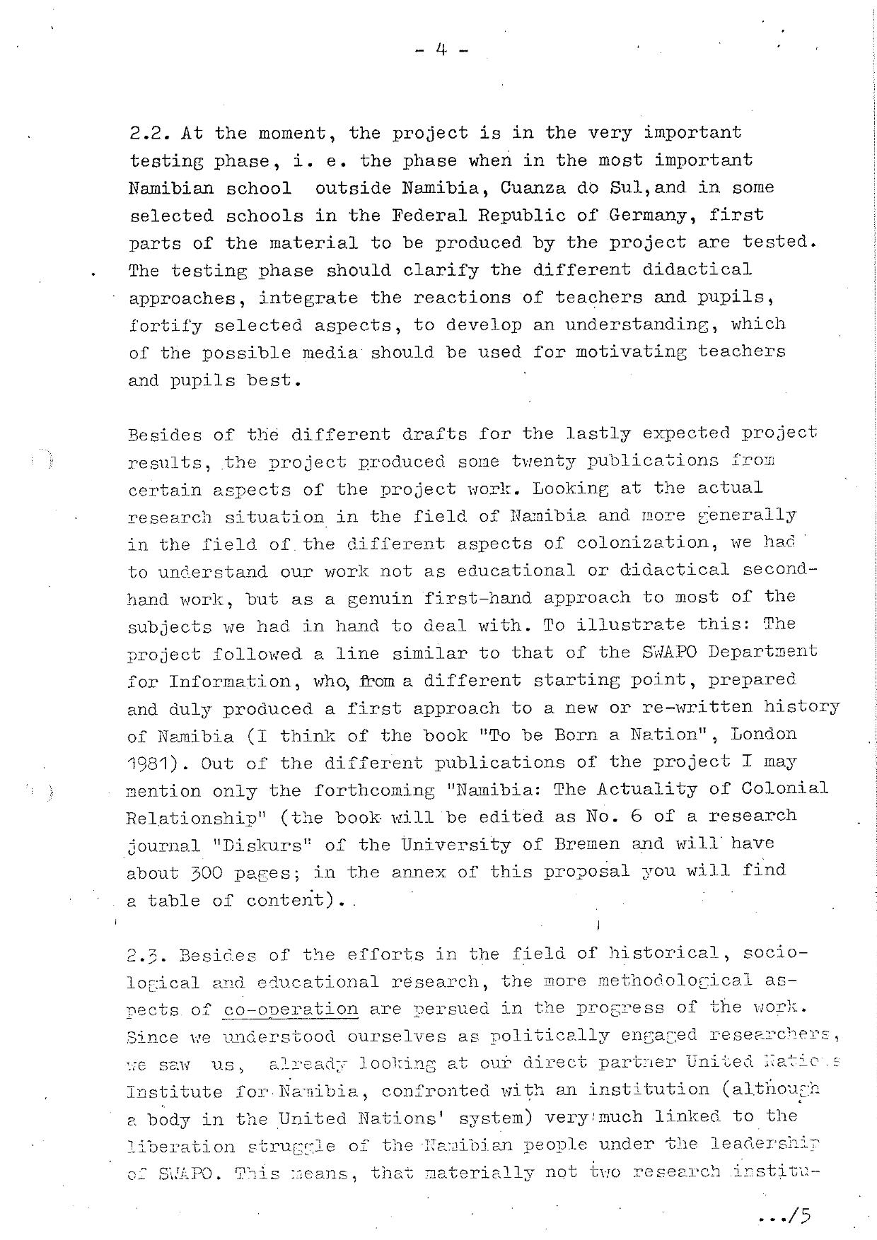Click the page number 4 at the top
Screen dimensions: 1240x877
(x=441, y=50)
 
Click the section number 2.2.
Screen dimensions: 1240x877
(x=150, y=133)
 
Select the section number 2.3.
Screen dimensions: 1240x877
(x=149, y=956)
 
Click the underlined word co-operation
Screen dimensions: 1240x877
(x=290, y=1009)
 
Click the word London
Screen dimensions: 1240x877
(x=764, y=735)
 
